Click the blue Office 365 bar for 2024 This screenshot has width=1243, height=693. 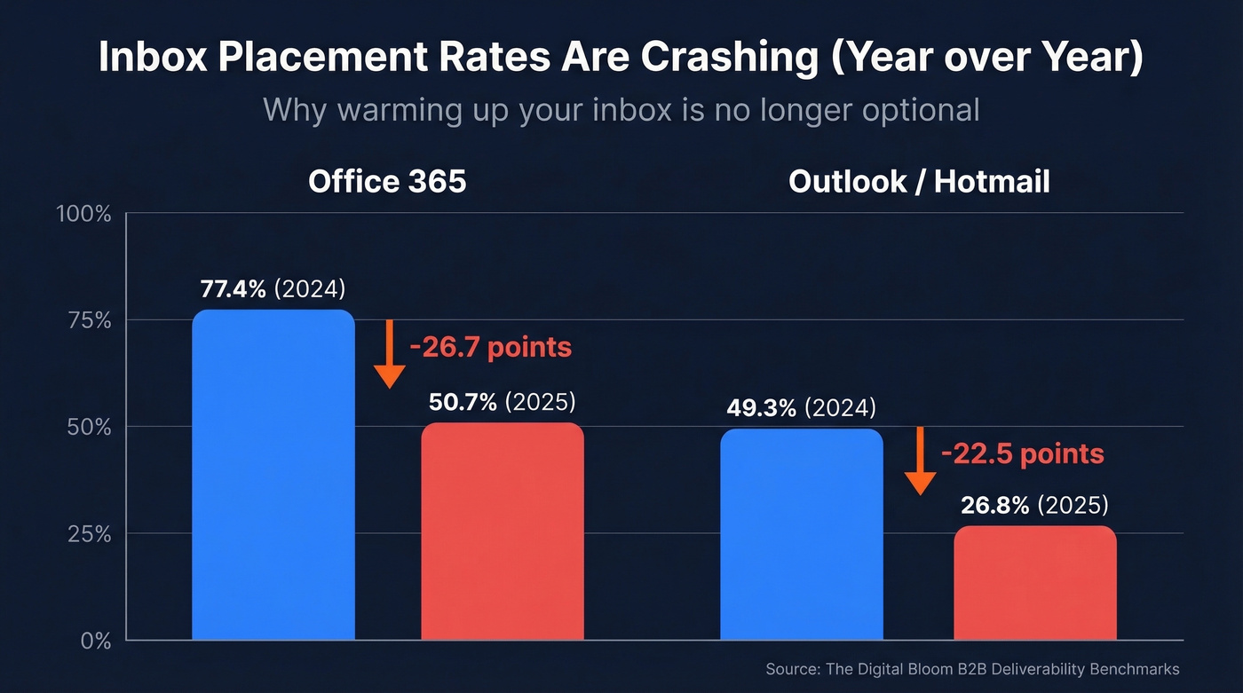pos(273,475)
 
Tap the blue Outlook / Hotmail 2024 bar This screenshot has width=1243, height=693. pos(801,534)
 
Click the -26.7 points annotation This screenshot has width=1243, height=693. pos(490,347)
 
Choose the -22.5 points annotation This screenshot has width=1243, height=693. pos(1022,454)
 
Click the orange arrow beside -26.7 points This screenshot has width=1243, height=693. pos(389,353)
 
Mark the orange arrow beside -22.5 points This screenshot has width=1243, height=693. pos(920,460)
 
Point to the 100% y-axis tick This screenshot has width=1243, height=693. pos(83,214)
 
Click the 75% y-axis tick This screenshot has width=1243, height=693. pos(90,320)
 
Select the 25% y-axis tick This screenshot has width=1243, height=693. pos(90,534)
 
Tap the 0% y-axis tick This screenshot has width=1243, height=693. pos(95,641)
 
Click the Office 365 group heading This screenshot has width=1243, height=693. pos(387,181)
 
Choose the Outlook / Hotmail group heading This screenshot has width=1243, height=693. pos(919,181)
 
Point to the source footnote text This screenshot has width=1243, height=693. pos(972,669)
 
